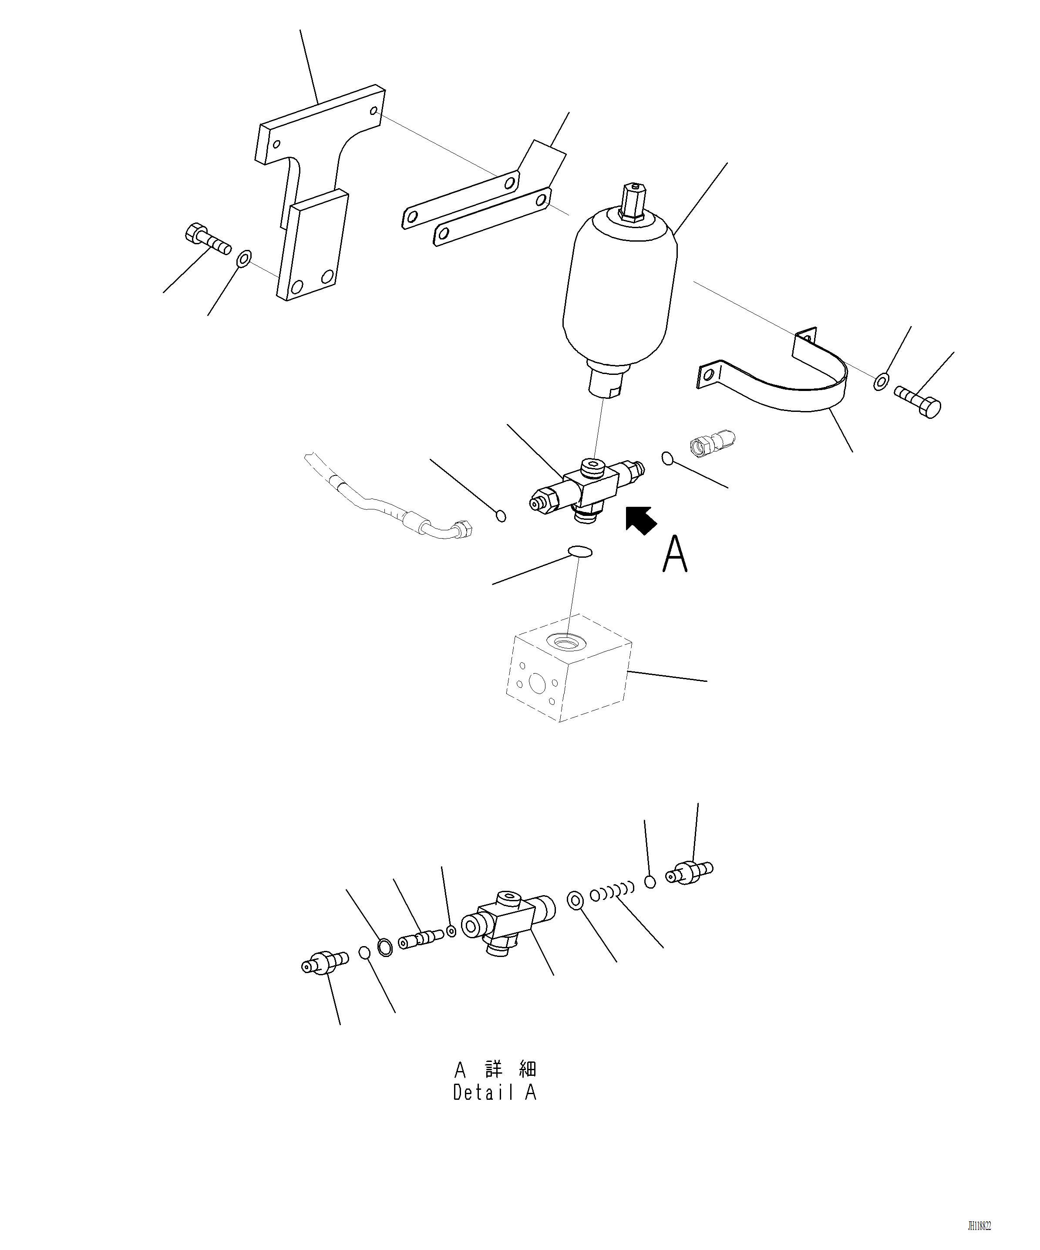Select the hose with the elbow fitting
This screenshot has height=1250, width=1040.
point(387,506)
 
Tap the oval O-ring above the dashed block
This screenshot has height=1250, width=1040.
point(580,552)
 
